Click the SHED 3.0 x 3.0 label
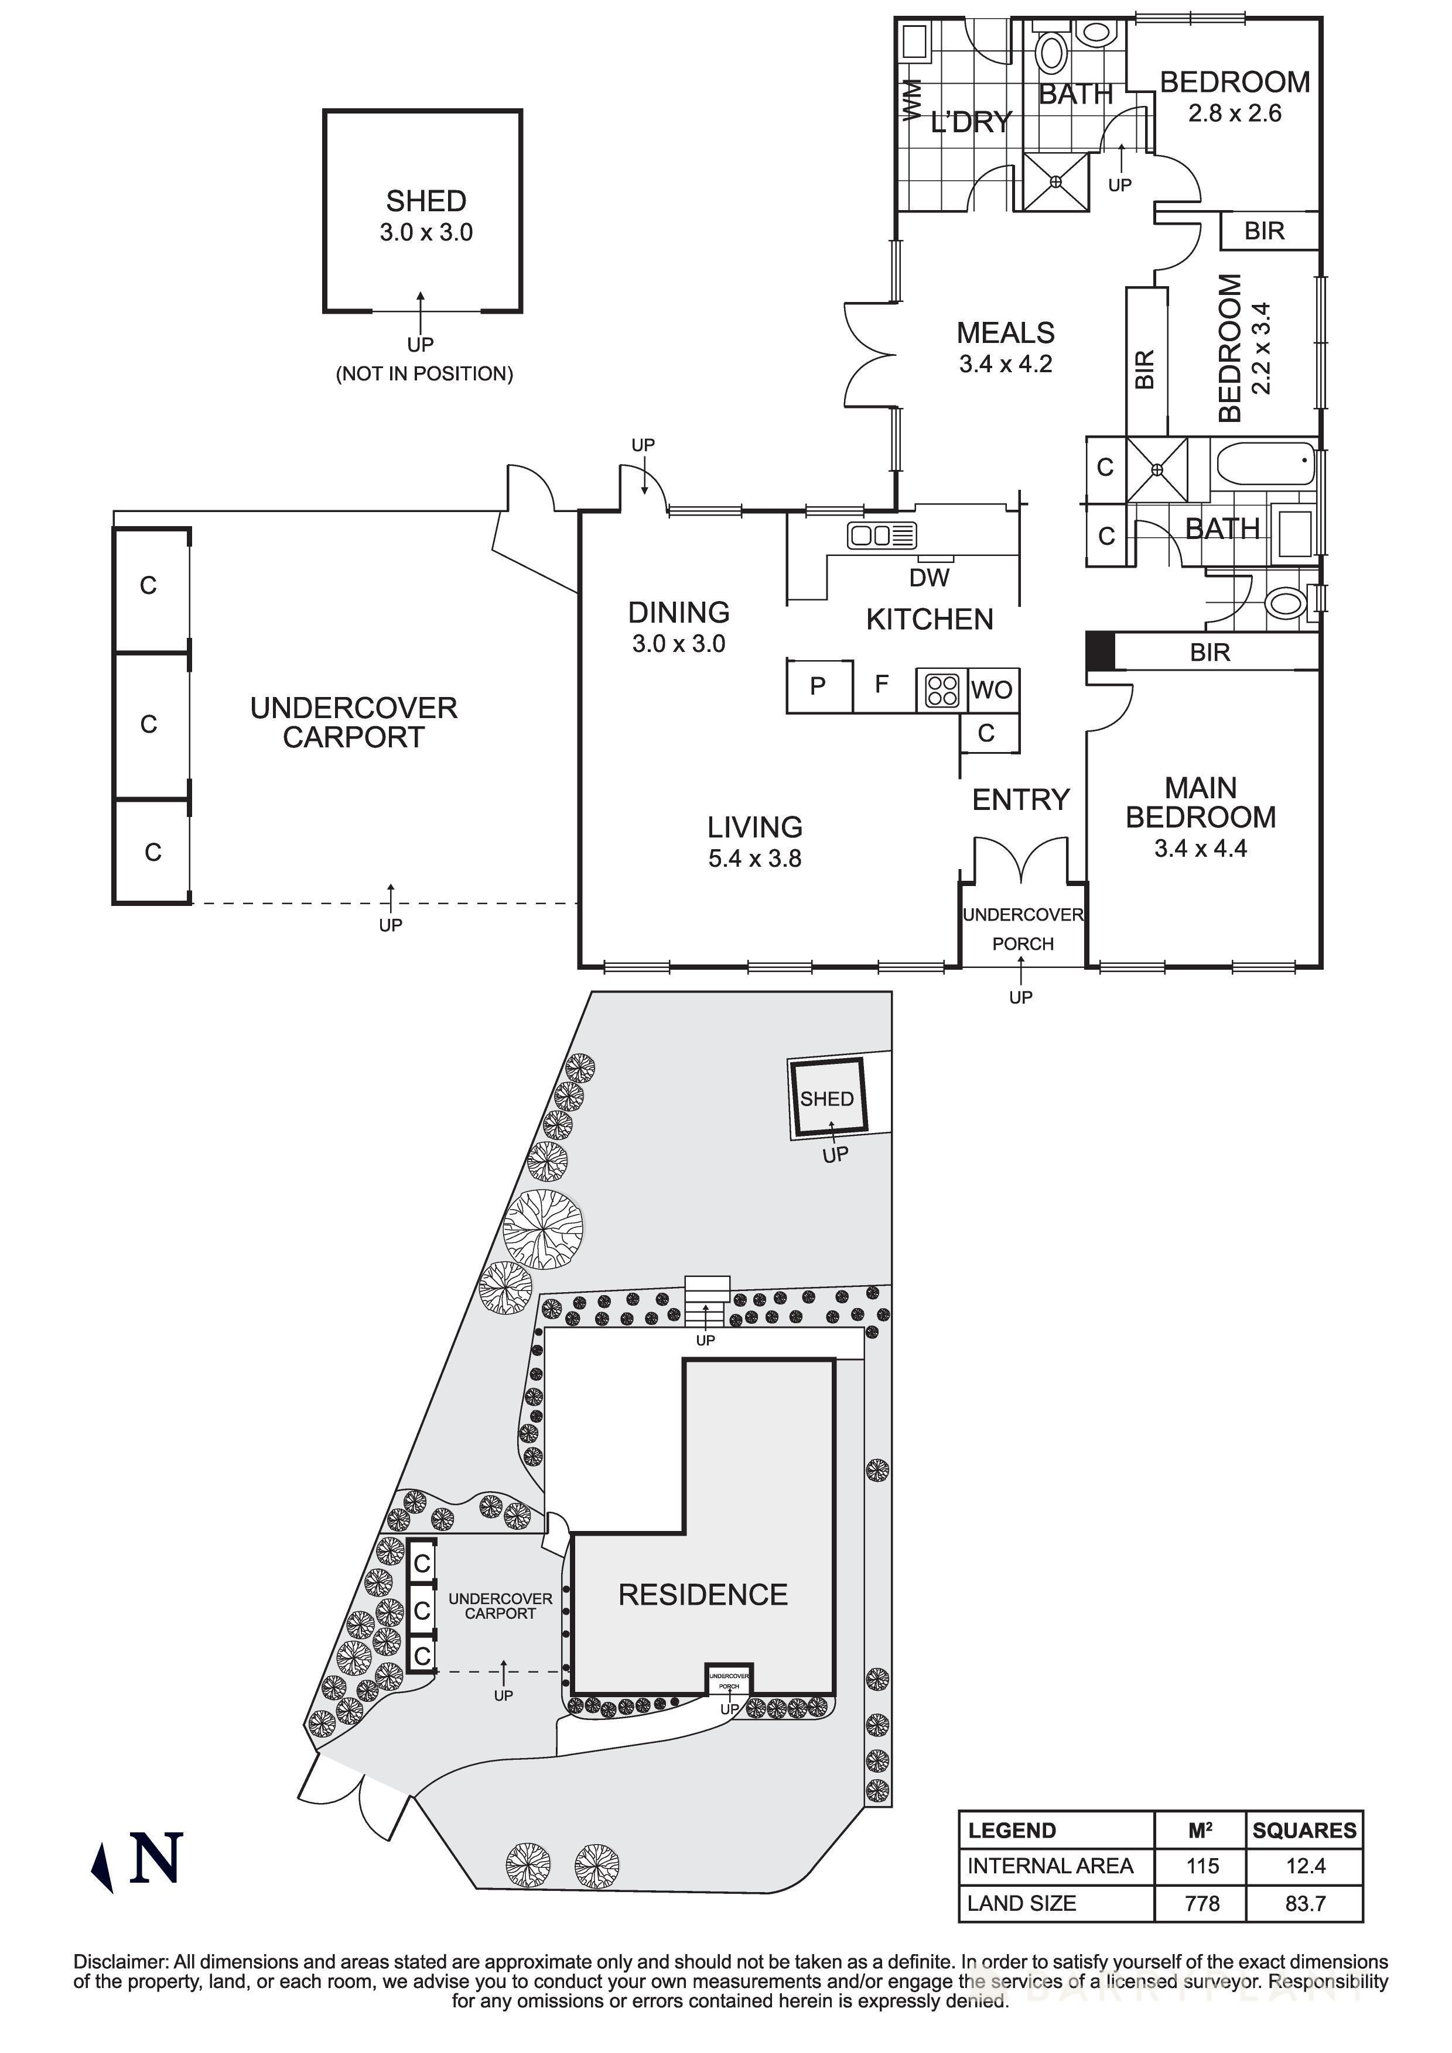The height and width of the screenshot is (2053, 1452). [x=426, y=215]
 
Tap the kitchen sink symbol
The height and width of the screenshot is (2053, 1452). [x=882, y=535]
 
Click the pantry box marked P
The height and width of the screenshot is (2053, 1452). [x=818, y=686]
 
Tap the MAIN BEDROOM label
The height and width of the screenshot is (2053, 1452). [x=1200, y=803]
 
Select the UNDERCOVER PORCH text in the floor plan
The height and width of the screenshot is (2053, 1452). [x=1023, y=929]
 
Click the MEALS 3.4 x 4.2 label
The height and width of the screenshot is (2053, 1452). [x=1006, y=347]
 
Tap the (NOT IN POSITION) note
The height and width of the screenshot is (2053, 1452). [x=424, y=374]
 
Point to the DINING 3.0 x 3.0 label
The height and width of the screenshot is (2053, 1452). [x=678, y=627]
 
